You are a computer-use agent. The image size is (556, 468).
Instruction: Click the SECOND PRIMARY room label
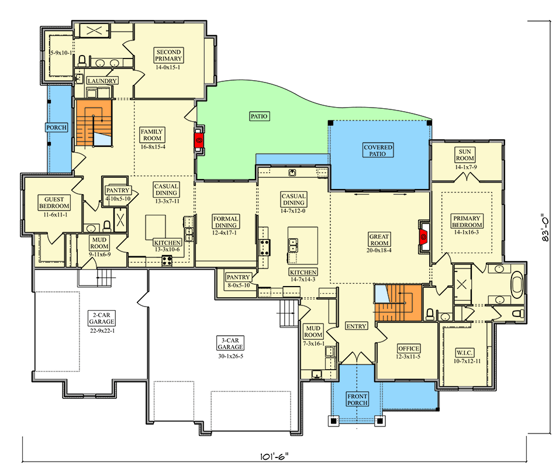[x=169, y=56]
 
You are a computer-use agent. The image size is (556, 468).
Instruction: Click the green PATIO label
[x=259, y=116]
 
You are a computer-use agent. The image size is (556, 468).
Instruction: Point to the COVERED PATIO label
[x=378, y=150]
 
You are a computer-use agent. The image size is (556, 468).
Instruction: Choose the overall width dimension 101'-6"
[x=274, y=456]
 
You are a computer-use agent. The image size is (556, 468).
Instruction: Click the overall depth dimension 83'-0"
[x=545, y=228]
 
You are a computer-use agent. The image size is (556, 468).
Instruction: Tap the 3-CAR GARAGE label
[x=230, y=343]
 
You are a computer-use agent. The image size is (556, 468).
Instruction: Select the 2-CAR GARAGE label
[x=102, y=318]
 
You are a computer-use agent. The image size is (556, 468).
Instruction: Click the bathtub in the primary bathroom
[x=517, y=284]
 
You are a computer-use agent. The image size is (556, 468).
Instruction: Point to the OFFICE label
[x=409, y=349]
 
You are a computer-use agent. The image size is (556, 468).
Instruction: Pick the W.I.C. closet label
[x=465, y=353]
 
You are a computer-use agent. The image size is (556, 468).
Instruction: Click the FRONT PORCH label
[x=357, y=400]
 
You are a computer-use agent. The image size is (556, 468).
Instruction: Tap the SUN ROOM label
[x=465, y=155]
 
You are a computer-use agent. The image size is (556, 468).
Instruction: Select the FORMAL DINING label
[x=226, y=222]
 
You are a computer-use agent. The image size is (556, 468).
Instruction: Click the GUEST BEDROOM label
[x=54, y=202]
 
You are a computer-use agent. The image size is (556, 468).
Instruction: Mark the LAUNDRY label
[x=102, y=81]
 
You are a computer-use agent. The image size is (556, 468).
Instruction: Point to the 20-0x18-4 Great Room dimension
[x=379, y=250]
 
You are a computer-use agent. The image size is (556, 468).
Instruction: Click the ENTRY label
[x=357, y=326]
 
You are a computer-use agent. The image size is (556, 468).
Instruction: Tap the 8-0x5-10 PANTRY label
[x=239, y=285]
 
